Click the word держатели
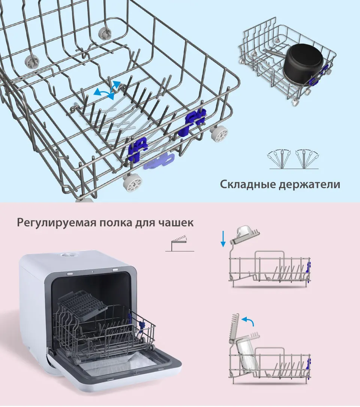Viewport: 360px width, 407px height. pos(311,185)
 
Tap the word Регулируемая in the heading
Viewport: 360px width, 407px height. pos(55,223)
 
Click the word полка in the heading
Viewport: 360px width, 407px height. pos(115,223)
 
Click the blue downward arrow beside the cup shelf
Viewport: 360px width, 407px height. pos(223,239)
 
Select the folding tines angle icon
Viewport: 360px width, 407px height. pos(294,159)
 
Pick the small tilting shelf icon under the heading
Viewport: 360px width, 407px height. pos(180,244)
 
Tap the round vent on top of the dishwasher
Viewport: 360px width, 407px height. pos(67,254)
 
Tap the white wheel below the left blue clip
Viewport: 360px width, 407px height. pos(132,182)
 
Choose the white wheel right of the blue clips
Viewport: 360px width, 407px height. pos(218,134)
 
